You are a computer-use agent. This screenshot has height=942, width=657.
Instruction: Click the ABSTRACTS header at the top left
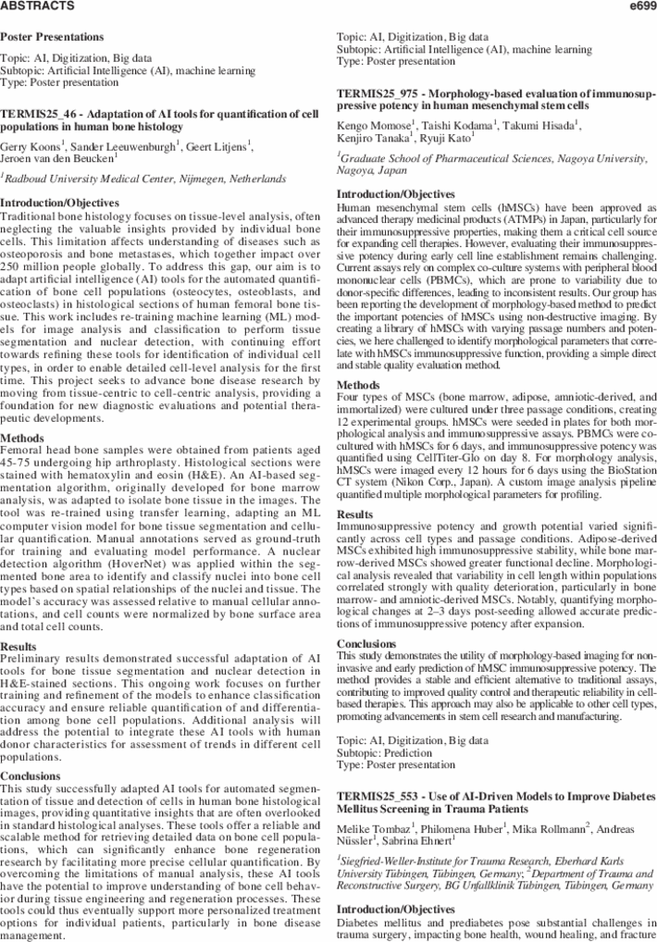pos(36,6)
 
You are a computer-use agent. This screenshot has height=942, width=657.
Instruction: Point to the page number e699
pos(641,6)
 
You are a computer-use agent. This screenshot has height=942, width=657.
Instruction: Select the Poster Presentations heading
pos(52,37)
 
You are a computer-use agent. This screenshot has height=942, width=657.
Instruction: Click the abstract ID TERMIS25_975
pos(378,94)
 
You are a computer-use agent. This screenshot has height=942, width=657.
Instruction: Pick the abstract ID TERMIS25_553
pos(378,796)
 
